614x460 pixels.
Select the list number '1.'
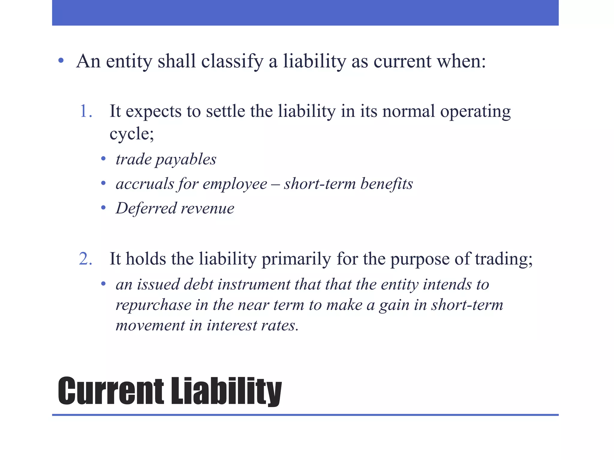coord(86,111)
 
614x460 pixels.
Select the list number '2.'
coord(85,259)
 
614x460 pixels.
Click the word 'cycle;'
coord(132,134)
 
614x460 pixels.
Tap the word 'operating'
coord(475,112)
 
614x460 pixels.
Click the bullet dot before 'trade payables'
coord(103,158)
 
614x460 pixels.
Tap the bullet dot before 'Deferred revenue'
coord(103,208)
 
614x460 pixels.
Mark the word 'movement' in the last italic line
coord(150,326)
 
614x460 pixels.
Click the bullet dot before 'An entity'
coord(61,61)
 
